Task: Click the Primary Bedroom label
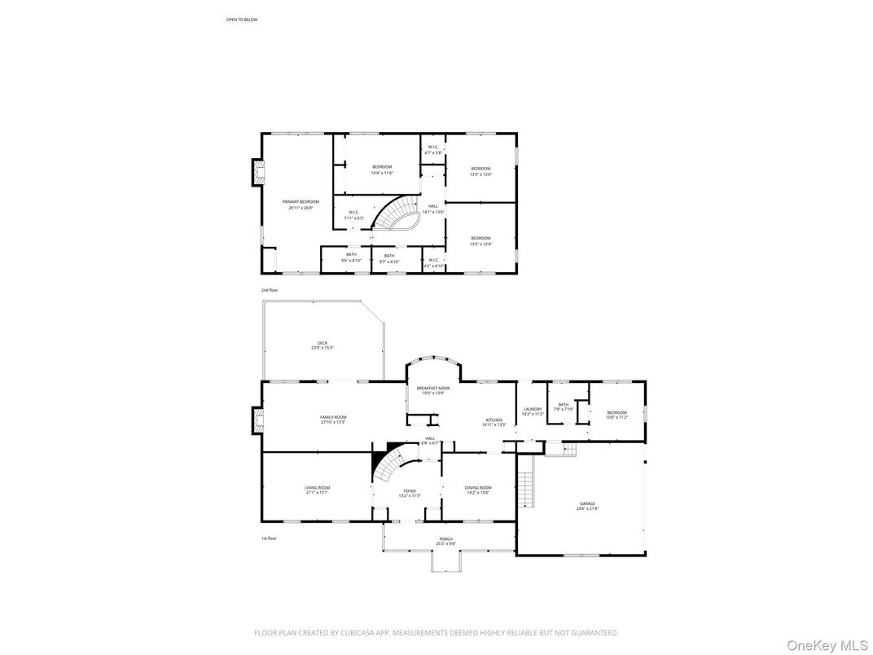(301, 204)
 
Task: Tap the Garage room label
(587, 506)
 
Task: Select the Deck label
(322, 345)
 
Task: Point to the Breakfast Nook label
(432, 391)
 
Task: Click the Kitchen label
(494, 422)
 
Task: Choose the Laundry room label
(533, 411)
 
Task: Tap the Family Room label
(333, 420)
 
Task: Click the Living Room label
(317, 490)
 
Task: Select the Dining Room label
(478, 490)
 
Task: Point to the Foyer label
(409, 493)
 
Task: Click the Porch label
(445, 541)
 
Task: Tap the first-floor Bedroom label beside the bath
(617, 415)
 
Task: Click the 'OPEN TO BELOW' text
(242, 20)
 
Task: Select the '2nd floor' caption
(269, 290)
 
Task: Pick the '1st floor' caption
(269, 539)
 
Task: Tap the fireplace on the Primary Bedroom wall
(258, 172)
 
